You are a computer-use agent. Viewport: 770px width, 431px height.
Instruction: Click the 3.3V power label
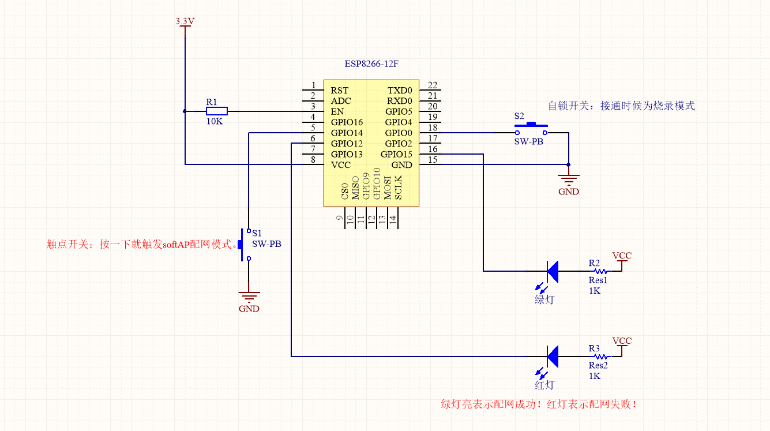click(185, 21)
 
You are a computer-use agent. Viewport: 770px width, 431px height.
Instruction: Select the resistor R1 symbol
click(217, 111)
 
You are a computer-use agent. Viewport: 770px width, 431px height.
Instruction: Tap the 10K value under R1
click(214, 122)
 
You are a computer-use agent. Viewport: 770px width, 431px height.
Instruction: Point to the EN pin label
click(337, 111)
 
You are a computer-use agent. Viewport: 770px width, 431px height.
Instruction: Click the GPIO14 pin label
click(347, 133)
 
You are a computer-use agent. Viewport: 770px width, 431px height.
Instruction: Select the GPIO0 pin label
click(399, 133)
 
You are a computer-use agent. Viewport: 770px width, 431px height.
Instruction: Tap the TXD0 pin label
click(400, 90)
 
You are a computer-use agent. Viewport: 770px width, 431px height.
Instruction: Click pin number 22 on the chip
click(433, 85)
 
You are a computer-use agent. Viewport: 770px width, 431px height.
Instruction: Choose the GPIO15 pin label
click(396, 154)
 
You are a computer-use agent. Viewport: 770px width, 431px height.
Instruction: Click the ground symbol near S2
click(569, 180)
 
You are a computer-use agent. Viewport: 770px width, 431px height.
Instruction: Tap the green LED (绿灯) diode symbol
click(552, 271)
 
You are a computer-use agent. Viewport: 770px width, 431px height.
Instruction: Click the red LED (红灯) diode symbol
click(552, 356)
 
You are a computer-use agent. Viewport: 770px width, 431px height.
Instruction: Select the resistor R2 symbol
click(600, 271)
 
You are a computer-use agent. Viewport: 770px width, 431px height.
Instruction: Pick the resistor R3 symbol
click(600, 356)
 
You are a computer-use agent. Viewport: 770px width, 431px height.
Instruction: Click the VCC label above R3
click(622, 340)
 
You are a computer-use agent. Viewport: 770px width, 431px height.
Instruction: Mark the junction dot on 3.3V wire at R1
click(185, 111)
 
